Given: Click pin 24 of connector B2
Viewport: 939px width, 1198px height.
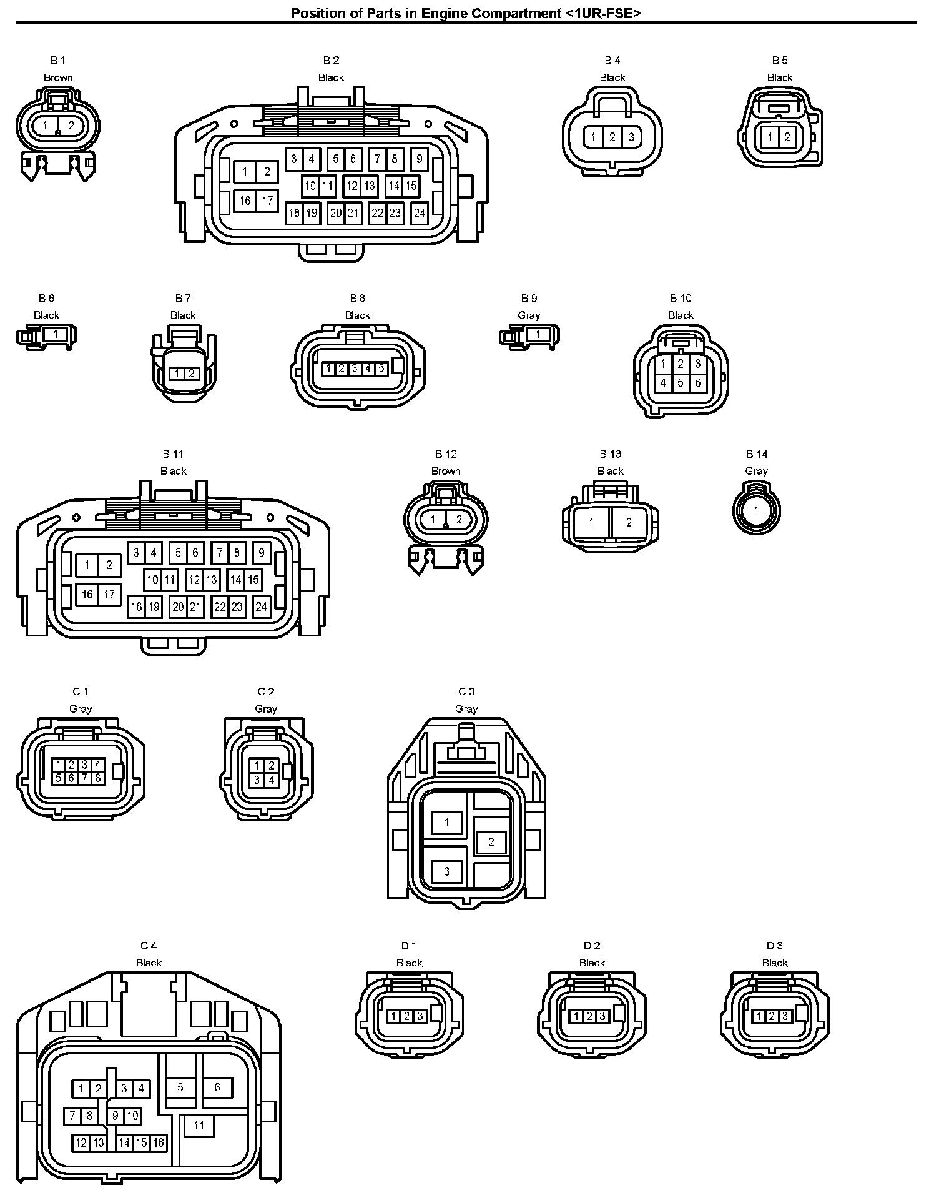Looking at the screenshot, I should [420, 213].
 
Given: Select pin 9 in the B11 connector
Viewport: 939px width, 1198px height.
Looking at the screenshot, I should [262, 552].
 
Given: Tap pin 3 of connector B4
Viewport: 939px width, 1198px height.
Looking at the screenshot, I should [631, 137].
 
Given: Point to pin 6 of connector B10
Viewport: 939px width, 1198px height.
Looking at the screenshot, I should [697, 383].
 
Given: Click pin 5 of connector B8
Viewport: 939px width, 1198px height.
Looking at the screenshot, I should [381, 369].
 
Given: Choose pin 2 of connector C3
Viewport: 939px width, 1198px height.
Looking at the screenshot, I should [491, 842].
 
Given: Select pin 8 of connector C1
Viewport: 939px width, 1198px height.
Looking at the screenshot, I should [98, 778].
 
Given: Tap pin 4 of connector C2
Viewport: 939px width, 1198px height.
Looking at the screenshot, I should [272, 780].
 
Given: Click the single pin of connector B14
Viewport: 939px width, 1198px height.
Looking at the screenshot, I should [756, 510].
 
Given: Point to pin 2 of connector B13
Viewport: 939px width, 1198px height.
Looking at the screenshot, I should [629, 522].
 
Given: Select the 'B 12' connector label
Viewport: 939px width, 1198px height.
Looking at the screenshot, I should [446, 454].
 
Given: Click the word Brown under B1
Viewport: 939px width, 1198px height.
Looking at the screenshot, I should [58, 77].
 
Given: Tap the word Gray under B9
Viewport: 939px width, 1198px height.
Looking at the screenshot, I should [529, 315].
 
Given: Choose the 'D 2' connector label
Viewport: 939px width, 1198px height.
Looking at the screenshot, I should [592, 946].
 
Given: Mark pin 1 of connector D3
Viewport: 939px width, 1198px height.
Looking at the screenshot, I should [759, 1016].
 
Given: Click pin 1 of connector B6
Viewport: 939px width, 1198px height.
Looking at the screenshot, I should [56, 335].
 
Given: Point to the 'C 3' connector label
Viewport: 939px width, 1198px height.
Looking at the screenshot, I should [466, 691].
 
